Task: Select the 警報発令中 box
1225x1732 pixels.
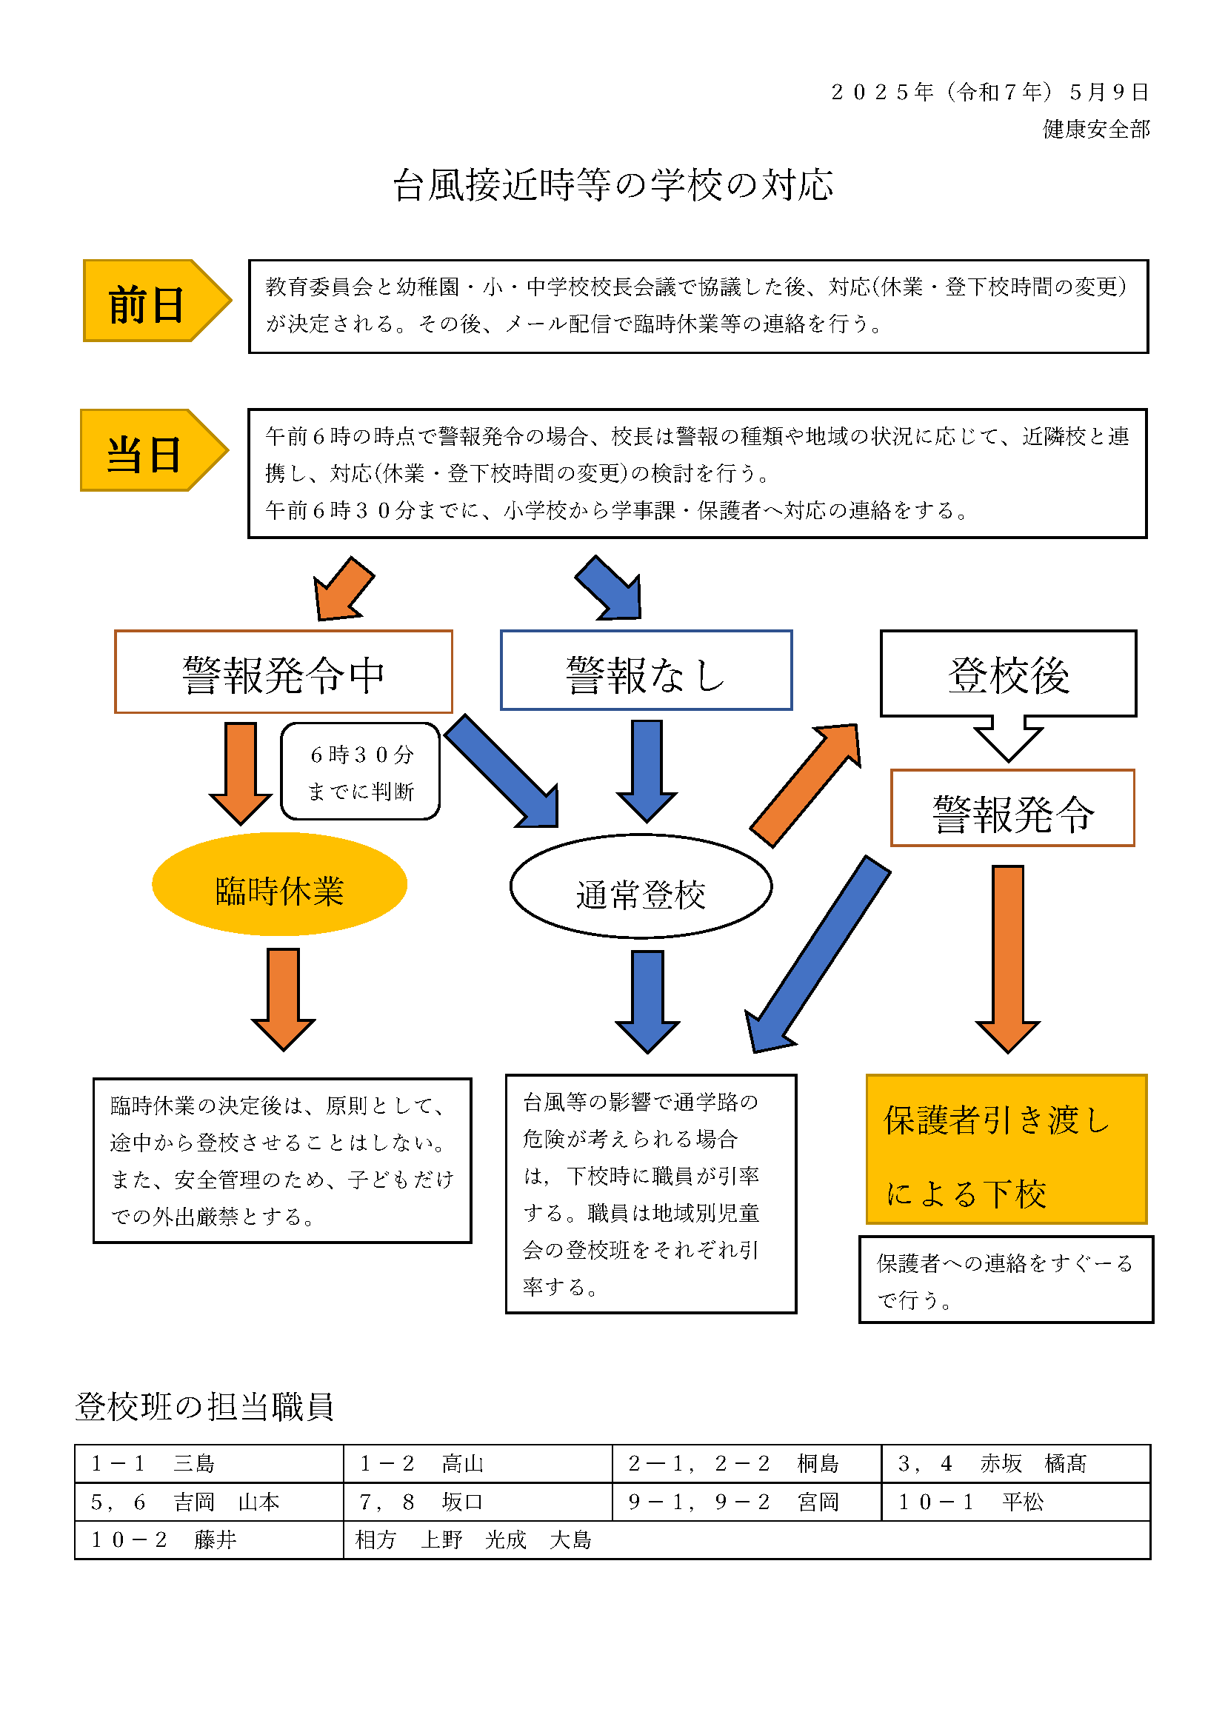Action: [284, 672]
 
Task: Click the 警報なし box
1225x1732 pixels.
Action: [647, 670]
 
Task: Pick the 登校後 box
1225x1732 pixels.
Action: [1009, 673]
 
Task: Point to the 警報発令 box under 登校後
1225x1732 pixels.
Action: [1012, 808]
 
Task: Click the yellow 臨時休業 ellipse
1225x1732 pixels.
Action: [280, 884]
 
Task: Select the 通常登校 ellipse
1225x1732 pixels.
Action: [641, 886]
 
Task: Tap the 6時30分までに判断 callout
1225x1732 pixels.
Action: [361, 771]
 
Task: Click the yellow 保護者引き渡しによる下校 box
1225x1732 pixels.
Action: [1007, 1149]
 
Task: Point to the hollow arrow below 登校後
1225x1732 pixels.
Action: [1009, 738]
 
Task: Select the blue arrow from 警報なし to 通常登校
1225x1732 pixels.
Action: [647, 771]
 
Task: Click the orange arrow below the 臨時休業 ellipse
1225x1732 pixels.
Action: [284, 1000]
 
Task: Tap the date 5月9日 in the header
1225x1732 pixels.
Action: [1109, 92]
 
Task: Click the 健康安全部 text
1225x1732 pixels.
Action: [1096, 129]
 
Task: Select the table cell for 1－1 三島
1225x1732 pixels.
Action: [209, 1463]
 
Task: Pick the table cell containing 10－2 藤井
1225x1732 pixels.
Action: [209, 1539]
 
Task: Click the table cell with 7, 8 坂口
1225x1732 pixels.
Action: [478, 1502]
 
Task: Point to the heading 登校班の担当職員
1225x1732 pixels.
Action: [204, 1407]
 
